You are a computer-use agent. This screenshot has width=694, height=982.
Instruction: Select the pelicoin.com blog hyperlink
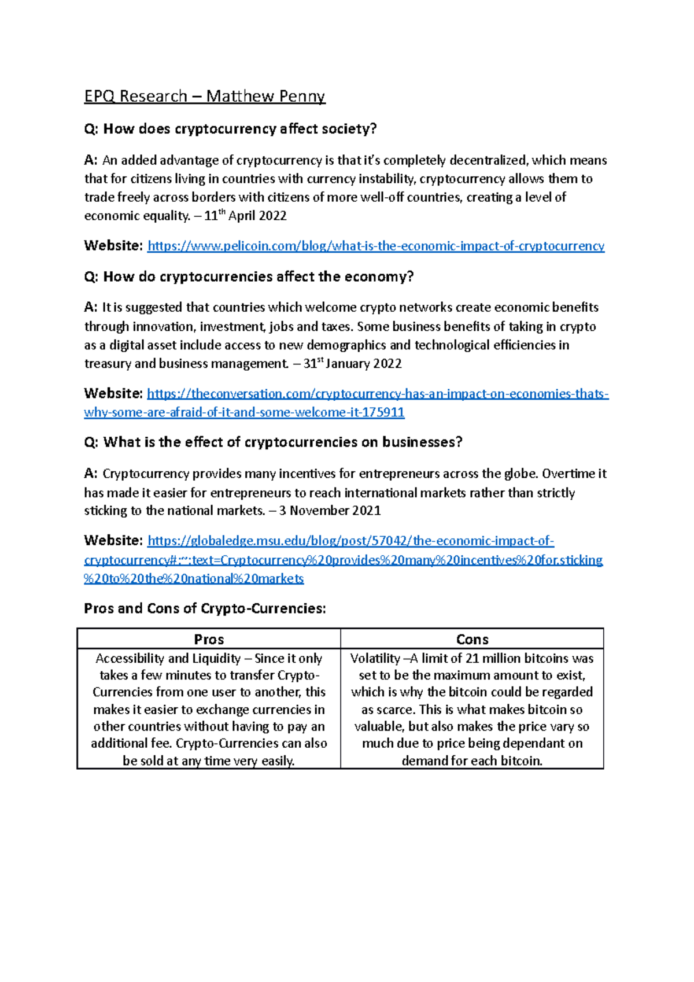pos(376,246)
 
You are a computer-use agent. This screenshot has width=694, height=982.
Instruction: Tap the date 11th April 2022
pos(245,216)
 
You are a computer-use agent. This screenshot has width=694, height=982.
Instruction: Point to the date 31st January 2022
pos(352,364)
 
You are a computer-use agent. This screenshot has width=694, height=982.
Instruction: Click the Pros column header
pos(209,639)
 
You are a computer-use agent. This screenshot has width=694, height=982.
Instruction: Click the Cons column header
pos(472,639)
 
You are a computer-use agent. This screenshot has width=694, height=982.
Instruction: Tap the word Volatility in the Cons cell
pos(375,659)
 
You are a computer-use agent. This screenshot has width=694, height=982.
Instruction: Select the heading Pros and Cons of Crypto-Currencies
pos(205,608)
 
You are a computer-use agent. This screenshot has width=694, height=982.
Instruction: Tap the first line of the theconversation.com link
pos(378,394)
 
